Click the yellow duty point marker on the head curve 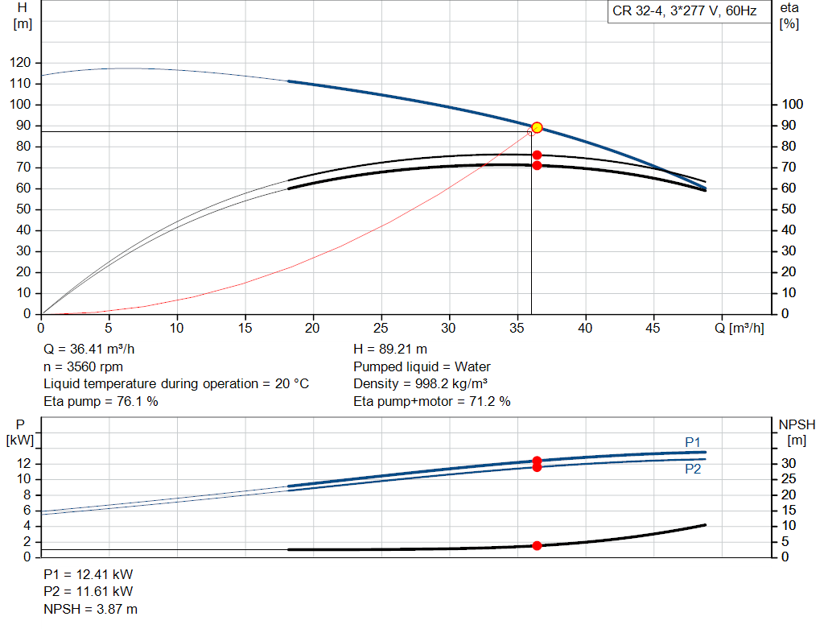click(x=537, y=127)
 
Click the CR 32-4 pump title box click(x=689, y=11)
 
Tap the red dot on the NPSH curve click(x=537, y=546)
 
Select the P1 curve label click(x=693, y=442)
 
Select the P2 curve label click(x=693, y=469)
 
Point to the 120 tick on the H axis click(x=20, y=63)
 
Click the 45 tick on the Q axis click(x=653, y=328)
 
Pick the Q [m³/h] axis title click(x=739, y=328)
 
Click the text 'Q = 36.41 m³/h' click(x=89, y=350)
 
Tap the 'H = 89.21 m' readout click(x=390, y=350)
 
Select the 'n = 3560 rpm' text click(x=83, y=366)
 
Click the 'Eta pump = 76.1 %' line click(x=101, y=401)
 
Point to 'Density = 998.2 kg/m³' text click(x=420, y=384)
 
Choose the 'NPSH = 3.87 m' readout click(x=90, y=609)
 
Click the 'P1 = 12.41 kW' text click(x=88, y=574)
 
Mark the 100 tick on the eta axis click(x=792, y=104)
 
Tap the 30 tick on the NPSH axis click(x=789, y=463)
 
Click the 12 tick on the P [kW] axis click(x=23, y=463)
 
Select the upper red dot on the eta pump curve click(x=537, y=155)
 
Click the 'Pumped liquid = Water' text click(x=422, y=366)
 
